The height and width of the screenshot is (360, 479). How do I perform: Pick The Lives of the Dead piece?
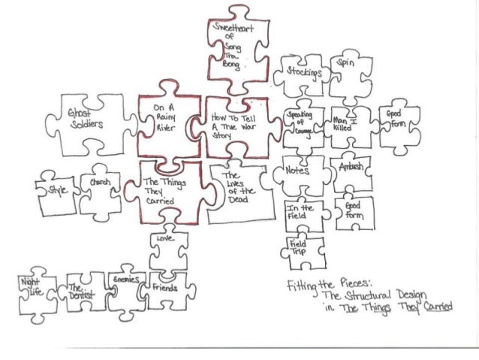[x=239, y=188]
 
